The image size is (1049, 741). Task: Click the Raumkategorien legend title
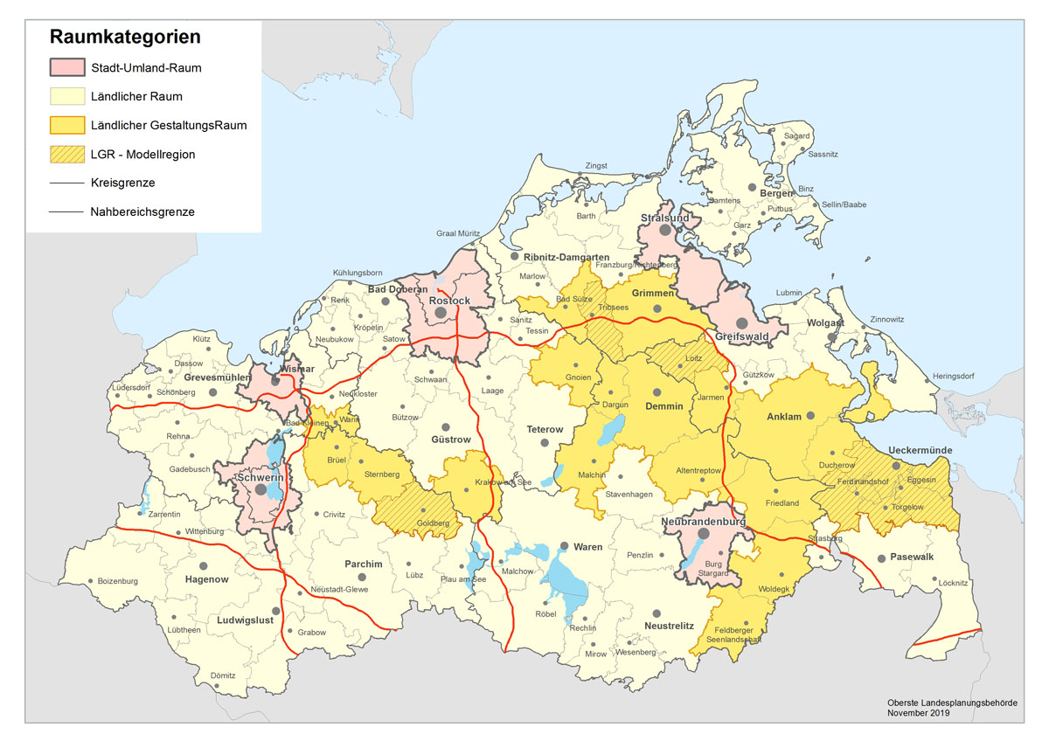125,38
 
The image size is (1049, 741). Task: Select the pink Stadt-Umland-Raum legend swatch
66,67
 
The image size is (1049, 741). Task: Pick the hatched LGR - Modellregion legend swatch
66,154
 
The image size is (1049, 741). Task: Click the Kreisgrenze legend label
122,183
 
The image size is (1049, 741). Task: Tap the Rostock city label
449,301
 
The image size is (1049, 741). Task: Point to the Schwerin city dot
260,490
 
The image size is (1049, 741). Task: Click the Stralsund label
665,218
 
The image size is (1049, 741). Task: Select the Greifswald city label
741,336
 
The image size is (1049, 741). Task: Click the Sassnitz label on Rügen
823,154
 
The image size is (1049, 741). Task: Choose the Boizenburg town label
117,581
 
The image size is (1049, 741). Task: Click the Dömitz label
224,675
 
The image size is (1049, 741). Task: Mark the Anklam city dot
809,417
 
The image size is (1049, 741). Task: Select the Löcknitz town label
951,581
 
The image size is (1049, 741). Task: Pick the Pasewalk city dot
881,557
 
